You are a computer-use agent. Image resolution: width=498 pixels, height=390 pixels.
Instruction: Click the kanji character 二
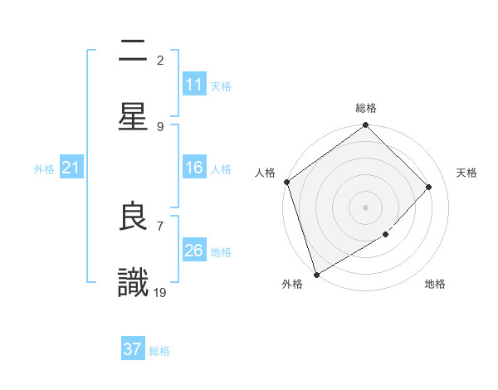[133, 51]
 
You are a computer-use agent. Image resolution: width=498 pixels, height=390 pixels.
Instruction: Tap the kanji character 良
[133, 217]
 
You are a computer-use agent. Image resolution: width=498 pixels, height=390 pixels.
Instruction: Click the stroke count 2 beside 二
[160, 60]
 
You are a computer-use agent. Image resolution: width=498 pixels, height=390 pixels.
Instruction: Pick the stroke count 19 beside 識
[160, 292]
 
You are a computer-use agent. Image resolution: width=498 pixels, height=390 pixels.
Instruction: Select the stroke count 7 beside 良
[160, 225]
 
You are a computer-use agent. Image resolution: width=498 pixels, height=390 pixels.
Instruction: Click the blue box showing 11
[194, 85]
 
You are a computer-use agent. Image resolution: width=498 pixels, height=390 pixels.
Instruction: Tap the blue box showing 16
[194, 168]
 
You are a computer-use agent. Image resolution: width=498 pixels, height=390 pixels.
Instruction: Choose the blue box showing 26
[194, 251]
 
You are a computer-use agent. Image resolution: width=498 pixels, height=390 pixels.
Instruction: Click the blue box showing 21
[71, 168]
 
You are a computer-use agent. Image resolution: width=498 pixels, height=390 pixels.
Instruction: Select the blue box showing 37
[133, 349]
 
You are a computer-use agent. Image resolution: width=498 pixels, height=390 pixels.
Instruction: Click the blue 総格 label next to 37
[159, 351]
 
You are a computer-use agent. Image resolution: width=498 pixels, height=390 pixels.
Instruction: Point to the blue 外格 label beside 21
[44, 169]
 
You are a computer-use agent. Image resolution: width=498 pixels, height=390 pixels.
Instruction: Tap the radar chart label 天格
[467, 173]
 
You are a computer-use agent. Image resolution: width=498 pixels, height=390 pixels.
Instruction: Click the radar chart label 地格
[435, 285]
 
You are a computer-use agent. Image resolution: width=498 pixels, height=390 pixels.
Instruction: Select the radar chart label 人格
[265, 173]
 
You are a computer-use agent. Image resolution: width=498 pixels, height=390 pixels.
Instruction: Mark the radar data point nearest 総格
[365, 126]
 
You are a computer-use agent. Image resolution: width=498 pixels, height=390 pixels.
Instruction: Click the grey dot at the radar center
[365, 207]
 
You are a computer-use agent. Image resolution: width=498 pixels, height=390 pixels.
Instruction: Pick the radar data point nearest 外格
[316, 274]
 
